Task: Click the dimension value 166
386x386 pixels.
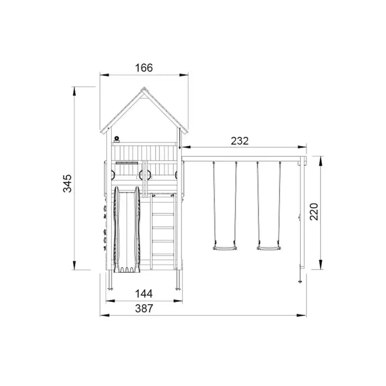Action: [x=144, y=68]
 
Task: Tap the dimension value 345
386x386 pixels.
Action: [x=68, y=183]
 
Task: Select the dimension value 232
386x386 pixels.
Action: [x=240, y=141]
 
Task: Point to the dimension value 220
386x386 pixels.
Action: [x=314, y=212]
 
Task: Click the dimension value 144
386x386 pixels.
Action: [x=144, y=294]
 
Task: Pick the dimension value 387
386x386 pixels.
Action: [x=144, y=309]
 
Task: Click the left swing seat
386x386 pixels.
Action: [x=225, y=248]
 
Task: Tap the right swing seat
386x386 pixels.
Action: [x=269, y=248]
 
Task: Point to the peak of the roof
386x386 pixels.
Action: [x=144, y=87]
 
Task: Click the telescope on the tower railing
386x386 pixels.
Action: [x=117, y=139]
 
